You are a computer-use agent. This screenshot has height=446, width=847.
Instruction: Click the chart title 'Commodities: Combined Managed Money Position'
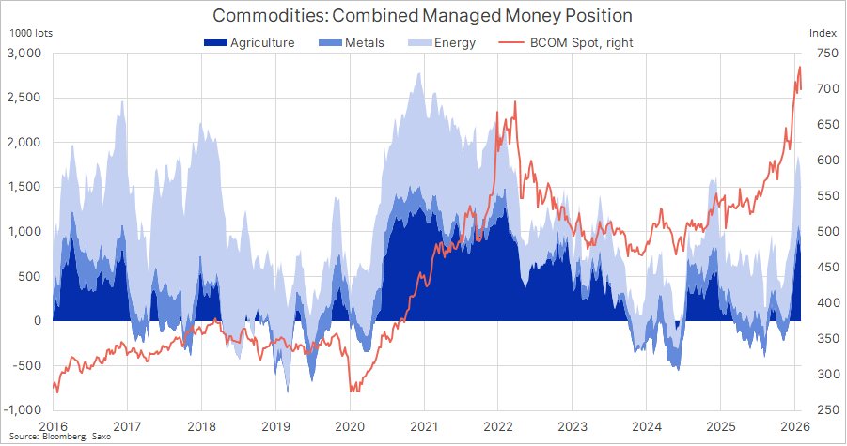422,16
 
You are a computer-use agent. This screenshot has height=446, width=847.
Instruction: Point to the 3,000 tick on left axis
24,54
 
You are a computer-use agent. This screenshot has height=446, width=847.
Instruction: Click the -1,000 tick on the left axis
23,409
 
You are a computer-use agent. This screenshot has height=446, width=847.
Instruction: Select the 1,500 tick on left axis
24,187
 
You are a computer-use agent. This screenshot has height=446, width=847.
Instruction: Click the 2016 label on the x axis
53,425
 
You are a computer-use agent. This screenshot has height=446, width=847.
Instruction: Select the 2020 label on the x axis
349,425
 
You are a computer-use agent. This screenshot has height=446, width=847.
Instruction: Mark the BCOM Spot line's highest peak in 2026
799,67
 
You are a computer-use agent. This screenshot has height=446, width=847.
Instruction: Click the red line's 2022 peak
515,101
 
